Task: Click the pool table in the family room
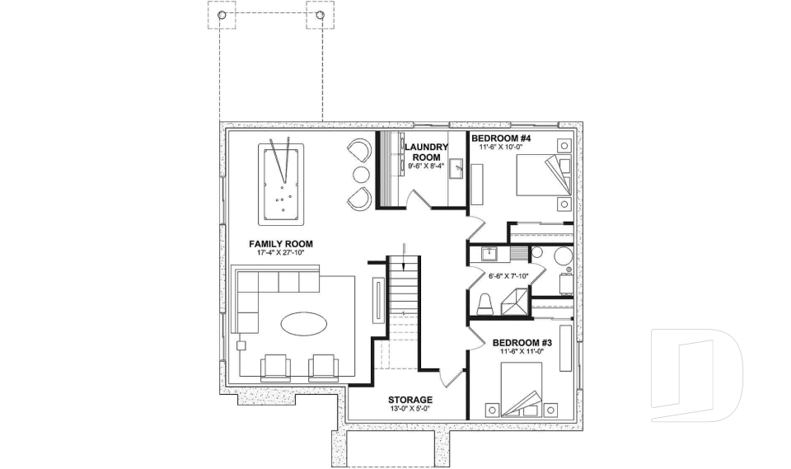(x=281, y=182)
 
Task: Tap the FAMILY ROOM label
(x=281, y=244)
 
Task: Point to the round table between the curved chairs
(x=361, y=174)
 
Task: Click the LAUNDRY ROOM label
(x=426, y=152)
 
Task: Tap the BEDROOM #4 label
(x=501, y=138)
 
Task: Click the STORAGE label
(x=410, y=400)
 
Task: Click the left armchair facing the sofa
(x=276, y=367)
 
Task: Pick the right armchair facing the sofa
(x=323, y=367)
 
